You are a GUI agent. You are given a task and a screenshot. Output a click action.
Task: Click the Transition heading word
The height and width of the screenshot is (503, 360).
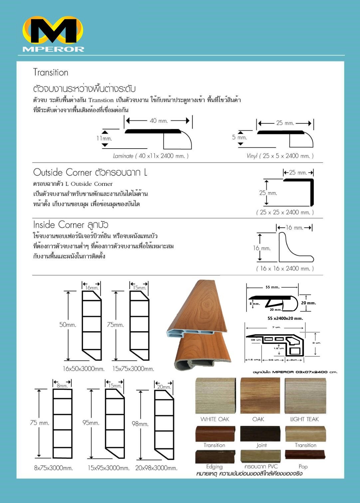[51, 72]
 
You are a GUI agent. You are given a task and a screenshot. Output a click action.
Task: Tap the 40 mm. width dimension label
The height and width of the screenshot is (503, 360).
[159, 121]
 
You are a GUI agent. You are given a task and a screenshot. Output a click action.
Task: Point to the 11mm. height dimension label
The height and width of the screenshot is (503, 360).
[104, 138]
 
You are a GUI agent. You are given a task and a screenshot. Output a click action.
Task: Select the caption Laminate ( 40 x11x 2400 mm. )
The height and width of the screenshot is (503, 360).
[151, 156]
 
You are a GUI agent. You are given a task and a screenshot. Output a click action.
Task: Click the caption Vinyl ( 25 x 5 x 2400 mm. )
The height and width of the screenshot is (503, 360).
[280, 156]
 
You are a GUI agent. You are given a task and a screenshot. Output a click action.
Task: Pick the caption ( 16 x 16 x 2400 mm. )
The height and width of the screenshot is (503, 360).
[285, 269]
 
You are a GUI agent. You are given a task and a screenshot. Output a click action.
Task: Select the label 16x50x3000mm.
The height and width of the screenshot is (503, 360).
[84, 369]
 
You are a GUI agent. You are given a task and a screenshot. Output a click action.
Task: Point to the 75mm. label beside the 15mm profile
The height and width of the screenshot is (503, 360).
[115, 325]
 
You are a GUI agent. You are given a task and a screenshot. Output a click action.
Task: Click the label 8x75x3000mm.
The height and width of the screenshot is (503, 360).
[53, 468]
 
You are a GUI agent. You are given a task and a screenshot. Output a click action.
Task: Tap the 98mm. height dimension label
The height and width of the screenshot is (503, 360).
[140, 424]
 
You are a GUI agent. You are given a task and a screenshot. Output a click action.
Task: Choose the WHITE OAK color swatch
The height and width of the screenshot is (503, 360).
[215, 395]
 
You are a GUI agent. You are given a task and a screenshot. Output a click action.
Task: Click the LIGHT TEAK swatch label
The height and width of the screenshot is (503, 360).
[304, 419]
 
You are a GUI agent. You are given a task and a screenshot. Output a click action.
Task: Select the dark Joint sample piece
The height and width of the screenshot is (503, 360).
[260, 434]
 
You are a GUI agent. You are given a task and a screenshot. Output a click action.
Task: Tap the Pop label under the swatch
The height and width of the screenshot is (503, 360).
[303, 466]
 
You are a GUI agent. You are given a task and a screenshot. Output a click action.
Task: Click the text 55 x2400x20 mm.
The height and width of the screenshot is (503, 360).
[285, 318]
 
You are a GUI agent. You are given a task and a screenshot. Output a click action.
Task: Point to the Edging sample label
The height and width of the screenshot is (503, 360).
[214, 466]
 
